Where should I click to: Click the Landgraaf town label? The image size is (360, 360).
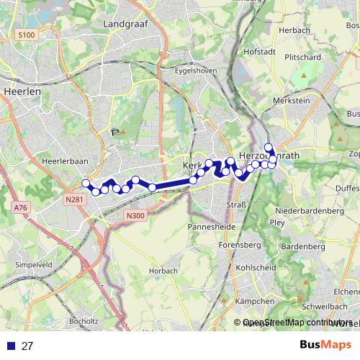(x=125, y=23)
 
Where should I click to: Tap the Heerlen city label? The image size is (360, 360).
(x=22, y=91)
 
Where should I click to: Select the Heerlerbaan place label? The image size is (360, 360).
(x=66, y=161)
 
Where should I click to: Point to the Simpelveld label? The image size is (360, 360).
(x=24, y=265)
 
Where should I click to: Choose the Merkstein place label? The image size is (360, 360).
(x=292, y=101)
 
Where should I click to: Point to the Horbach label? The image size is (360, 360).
(x=162, y=271)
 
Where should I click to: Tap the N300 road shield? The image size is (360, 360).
(x=135, y=215)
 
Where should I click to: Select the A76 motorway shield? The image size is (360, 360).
(x=20, y=207)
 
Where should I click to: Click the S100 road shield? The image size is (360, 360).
(x=27, y=35)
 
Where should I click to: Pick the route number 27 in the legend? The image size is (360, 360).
(x=27, y=346)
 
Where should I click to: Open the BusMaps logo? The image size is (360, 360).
(x=325, y=345)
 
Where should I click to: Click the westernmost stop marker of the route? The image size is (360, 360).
(x=86, y=183)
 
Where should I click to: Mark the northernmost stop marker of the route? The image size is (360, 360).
(x=269, y=148)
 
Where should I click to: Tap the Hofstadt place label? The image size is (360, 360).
(x=260, y=52)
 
